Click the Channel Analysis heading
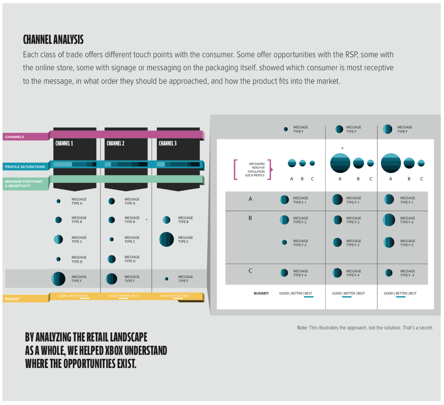(53, 40)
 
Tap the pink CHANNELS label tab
(25, 137)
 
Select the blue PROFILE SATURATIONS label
(25, 167)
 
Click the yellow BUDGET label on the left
(25, 299)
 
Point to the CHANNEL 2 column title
(116, 143)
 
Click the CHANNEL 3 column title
(168, 143)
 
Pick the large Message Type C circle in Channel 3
(167, 240)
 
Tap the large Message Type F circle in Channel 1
(58, 279)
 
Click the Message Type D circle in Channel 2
(111, 259)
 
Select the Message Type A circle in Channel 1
(58, 201)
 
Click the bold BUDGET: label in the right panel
(261, 293)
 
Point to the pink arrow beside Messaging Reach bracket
(272, 170)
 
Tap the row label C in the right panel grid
(250, 271)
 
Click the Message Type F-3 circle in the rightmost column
(389, 242)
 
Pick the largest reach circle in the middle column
(340, 163)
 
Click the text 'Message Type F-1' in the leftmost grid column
(301, 200)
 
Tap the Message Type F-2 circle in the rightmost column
(389, 220)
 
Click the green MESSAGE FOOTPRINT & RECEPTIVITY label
(25, 184)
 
